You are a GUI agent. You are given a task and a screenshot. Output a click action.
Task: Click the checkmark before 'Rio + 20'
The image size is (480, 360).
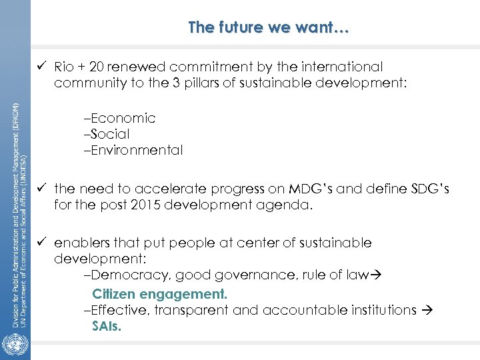click(x=43, y=67)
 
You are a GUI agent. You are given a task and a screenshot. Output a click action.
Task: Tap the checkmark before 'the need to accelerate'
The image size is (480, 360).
click(x=43, y=189)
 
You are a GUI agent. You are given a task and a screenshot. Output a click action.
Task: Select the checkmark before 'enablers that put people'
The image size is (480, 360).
click(x=43, y=243)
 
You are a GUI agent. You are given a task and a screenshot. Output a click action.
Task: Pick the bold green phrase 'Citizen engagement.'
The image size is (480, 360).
click(x=160, y=294)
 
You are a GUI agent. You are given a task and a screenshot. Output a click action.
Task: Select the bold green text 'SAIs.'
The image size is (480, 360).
click(x=107, y=327)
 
